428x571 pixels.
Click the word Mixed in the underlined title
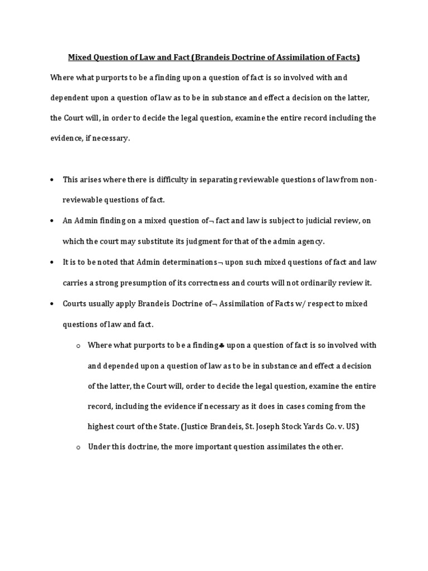tap(79, 57)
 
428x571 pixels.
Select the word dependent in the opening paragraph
tap(69, 98)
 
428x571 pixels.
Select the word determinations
tap(189, 262)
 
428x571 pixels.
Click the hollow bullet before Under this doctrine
tap(79, 448)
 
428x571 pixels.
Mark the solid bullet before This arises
tap(52, 180)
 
